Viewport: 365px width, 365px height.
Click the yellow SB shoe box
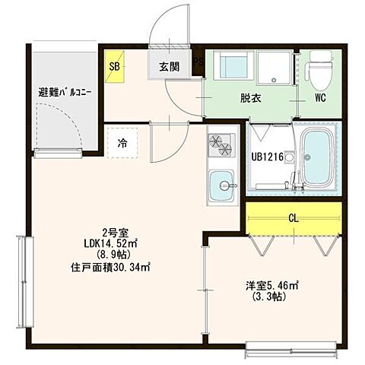(114, 65)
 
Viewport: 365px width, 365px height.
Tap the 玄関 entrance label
(169, 66)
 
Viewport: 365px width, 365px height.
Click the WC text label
(319, 98)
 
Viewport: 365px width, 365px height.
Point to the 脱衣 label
(250, 98)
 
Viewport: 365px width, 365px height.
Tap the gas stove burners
(221, 144)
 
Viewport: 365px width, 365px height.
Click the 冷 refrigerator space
(122, 141)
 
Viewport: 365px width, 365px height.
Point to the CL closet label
(293, 217)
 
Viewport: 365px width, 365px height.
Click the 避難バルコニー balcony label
(65, 93)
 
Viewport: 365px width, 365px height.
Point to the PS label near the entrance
(198, 63)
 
